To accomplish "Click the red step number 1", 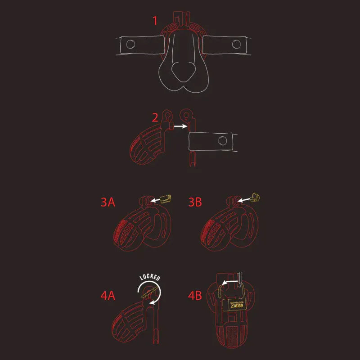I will [x=155, y=21].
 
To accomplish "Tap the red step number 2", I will [x=155, y=118].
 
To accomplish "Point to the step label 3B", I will [x=196, y=202].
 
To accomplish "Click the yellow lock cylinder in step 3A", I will [x=165, y=198].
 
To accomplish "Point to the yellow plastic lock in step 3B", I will [x=256, y=197].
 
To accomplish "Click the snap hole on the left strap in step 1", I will [x=130, y=44].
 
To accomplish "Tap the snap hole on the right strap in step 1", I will [x=236, y=44].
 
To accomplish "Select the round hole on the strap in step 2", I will [x=222, y=141].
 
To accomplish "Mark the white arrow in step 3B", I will [x=244, y=199].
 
